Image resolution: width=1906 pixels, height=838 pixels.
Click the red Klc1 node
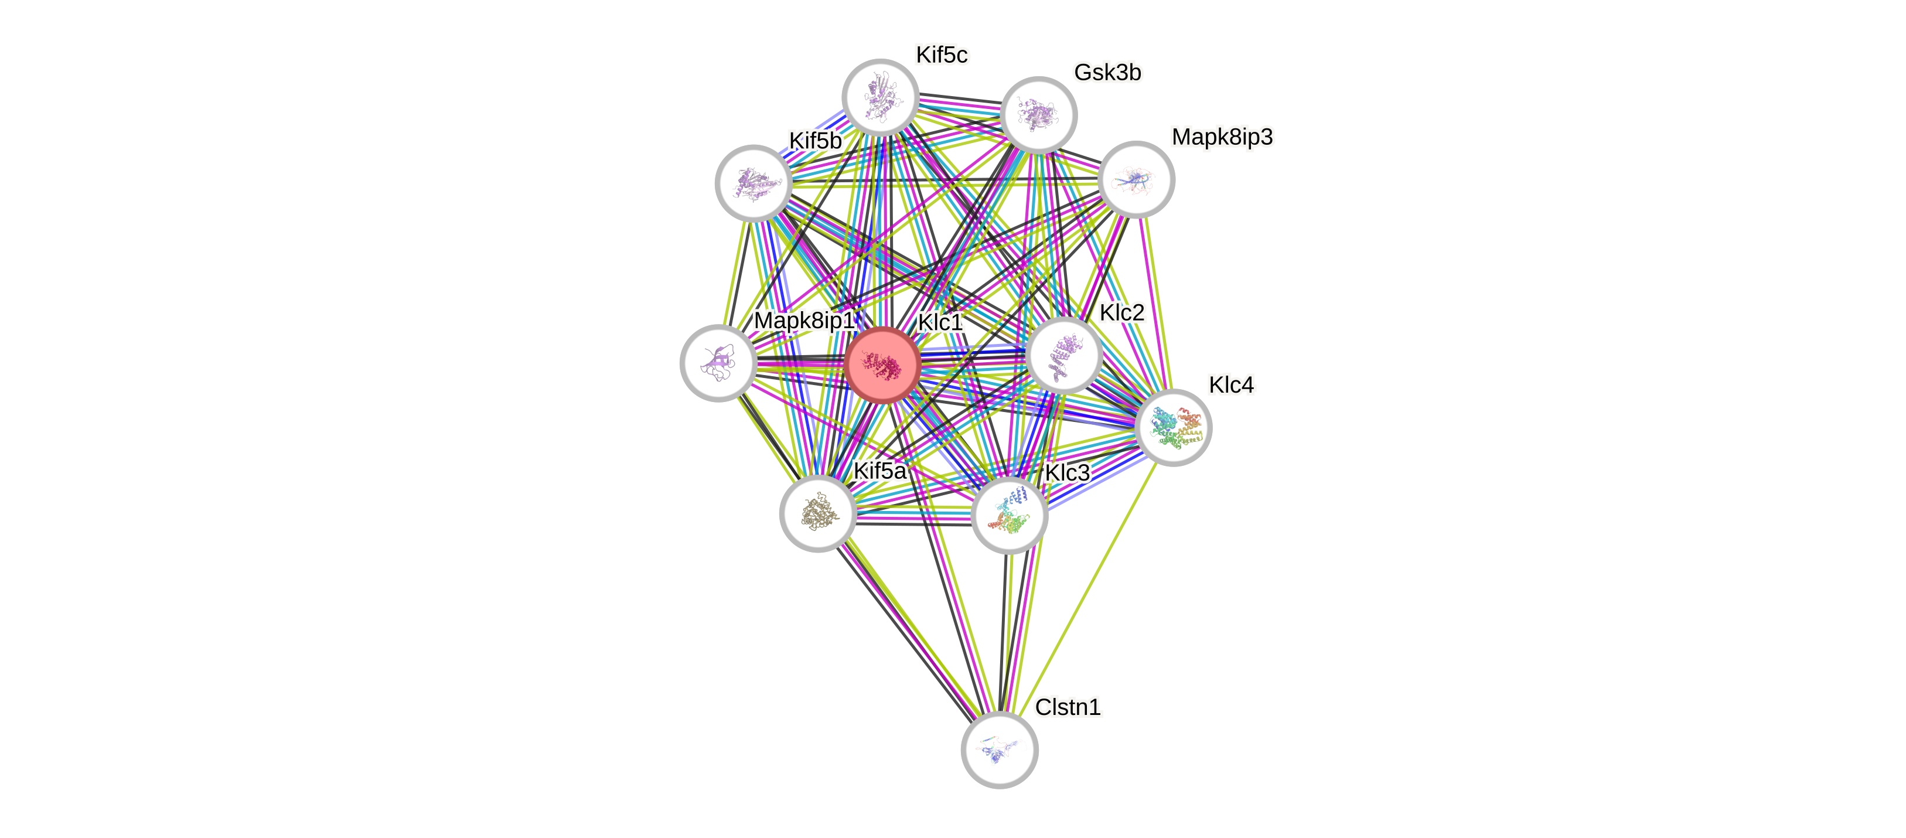click(x=882, y=365)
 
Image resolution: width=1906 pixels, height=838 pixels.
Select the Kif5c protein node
click(x=881, y=97)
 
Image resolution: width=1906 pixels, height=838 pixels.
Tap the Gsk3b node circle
click(x=1038, y=115)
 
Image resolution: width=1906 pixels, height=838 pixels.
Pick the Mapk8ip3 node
click(x=1136, y=179)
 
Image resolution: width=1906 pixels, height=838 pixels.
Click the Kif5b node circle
click(x=753, y=183)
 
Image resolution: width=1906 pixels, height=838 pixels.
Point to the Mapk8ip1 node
click(x=718, y=363)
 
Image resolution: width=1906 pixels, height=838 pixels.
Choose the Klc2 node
click(x=1064, y=355)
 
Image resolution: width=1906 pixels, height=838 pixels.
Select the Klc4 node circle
click(x=1173, y=427)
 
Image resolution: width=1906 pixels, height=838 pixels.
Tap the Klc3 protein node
click(x=1009, y=515)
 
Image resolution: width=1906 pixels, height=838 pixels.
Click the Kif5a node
click(x=817, y=513)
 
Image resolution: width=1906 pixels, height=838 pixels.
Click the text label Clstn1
click(x=1068, y=707)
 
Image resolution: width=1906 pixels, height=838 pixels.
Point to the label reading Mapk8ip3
click(x=1222, y=137)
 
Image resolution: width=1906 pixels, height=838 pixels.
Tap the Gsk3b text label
click(x=1107, y=73)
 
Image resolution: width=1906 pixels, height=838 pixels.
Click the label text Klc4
click(x=1230, y=385)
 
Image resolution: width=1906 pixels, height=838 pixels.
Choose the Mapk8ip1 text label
click(x=803, y=321)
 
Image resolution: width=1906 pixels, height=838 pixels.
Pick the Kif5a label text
click(x=879, y=471)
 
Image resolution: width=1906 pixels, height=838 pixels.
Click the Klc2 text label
click(x=1121, y=312)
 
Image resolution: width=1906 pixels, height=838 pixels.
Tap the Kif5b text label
click(x=814, y=141)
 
